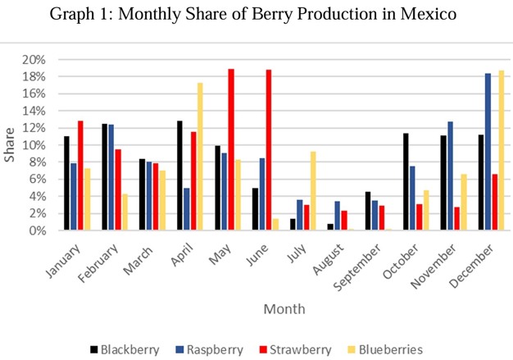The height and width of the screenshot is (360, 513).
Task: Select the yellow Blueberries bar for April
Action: click(x=201, y=157)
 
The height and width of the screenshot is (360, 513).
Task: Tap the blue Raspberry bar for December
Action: click(x=488, y=152)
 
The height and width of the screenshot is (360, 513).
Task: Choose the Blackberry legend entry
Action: click(x=123, y=349)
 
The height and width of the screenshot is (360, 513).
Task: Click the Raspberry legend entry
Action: click(x=210, y=349)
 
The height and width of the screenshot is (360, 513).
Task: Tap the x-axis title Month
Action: click(x=284, y=309)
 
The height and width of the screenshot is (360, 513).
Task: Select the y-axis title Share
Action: click(x=10, y=145)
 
